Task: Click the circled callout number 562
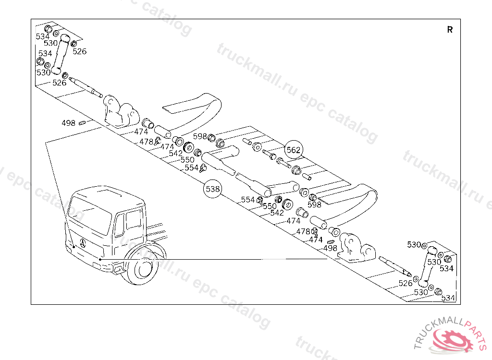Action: (x=294, y=150)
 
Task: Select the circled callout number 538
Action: (x=213, y=189)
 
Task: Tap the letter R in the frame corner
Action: (x=450, y=30)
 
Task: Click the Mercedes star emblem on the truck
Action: (x=83, y=243)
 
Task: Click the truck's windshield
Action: (x=89, y=215)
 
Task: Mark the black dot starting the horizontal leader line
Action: (x=100, y=259)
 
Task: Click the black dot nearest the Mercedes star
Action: (x=73, y=246)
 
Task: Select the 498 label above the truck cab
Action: (x=68, y=123)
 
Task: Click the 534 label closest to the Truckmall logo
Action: (x=448, y=298)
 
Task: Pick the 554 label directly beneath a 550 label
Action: (x=191, y=168)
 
